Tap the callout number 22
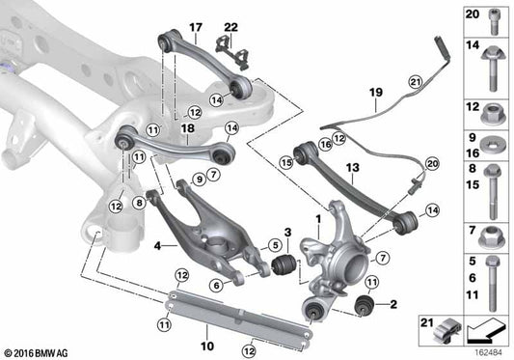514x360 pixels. pos(230,26)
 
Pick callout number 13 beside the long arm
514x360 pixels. pos(353,167)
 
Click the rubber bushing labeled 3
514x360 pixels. pos(283,264)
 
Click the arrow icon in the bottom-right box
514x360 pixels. pos(484,333)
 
